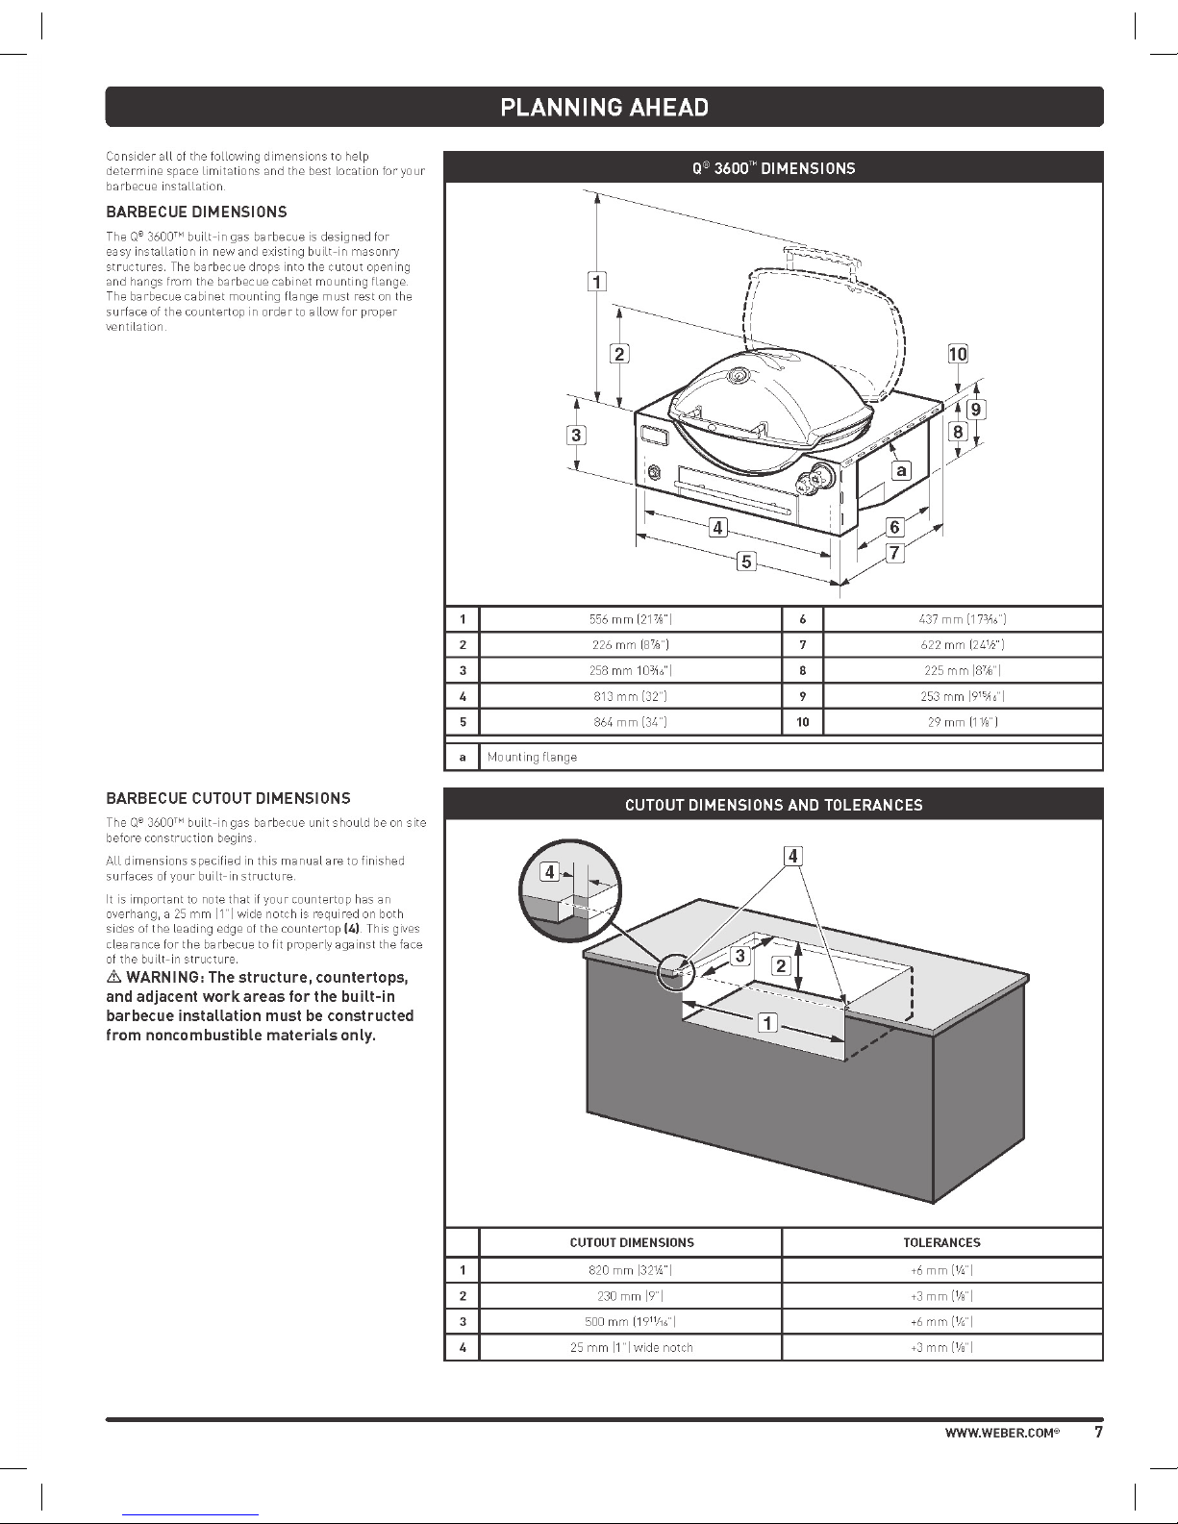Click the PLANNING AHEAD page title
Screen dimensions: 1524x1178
[604, 107]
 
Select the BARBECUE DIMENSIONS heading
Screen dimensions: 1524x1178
[196, 212]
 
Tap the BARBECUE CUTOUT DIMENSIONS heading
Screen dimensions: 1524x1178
[228, 798]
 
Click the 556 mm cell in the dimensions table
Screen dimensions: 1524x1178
[630, 619]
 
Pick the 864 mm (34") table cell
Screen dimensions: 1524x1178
[630, 722]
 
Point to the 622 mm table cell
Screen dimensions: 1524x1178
[963, 645]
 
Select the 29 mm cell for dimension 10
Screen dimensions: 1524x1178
[963, 722]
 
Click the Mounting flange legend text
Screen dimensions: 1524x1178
[532, 758]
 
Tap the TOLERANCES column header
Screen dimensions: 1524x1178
[941, 1242]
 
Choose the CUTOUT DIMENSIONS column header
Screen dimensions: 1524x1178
[631, 1242]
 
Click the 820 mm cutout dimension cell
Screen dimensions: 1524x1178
[631, 1270]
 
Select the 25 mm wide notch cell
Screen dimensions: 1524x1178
[631, 1347]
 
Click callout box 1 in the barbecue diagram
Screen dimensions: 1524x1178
[597, 282]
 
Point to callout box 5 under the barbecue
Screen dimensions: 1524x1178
[746, 562]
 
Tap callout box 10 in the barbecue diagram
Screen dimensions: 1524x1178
[958, 354]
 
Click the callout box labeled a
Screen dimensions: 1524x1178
[901, 470]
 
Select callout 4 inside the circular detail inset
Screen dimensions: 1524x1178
[549, 872]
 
